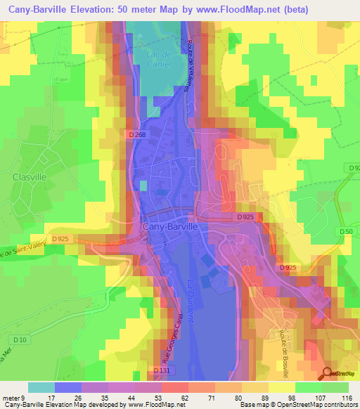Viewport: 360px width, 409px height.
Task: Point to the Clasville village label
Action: click(x=30, y=178)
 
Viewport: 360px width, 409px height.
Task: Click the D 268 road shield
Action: click(x=138, y=134)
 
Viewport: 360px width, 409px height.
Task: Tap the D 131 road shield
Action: click(x=161, y=370)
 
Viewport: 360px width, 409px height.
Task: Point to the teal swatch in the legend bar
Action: click(x=41, y=387)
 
